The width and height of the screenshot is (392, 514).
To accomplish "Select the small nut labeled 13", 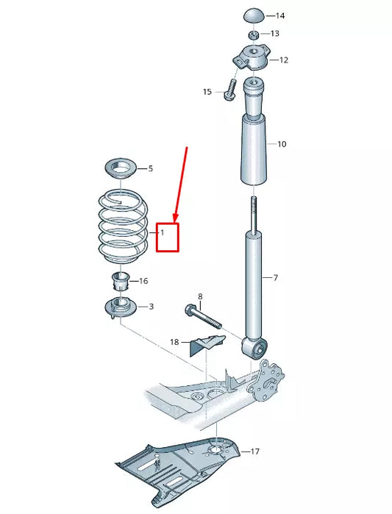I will pos(252,34).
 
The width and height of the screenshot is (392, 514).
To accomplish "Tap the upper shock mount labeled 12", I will pos(252,58).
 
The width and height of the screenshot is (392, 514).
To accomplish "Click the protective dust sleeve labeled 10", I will pos(253,143).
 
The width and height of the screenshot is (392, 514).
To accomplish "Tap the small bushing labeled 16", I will pos(121,281).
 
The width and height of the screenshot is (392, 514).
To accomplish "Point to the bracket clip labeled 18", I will pos(208,343).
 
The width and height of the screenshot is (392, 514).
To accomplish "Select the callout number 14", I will pos(280,15).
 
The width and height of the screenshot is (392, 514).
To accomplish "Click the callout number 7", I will pos(275,278).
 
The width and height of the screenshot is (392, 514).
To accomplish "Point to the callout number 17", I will pos(254,451).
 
